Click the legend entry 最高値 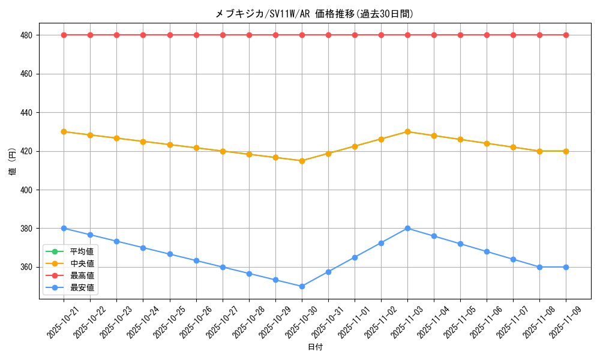click(x=82, y=275)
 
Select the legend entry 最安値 click(x=82, y=287)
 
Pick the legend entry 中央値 click(x=82, y=263)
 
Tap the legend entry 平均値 click(x=82, y=251)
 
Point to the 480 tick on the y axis click(x=26, y=35)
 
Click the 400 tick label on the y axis click(x=26, y=190)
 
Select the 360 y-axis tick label click(x=26, y=267)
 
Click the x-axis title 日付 click(x=315, y=347)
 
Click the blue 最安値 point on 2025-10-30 click(x=302, y=286)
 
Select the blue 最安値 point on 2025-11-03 click(x=407, y=228)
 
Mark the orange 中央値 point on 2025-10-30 click(x=302, y=161)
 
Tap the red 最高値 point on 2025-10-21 click(x=64, y=35)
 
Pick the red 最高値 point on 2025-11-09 click(x=566, y=35)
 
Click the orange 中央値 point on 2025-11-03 click(x=407, y=131)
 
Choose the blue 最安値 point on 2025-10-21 click(x=64, y=228)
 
